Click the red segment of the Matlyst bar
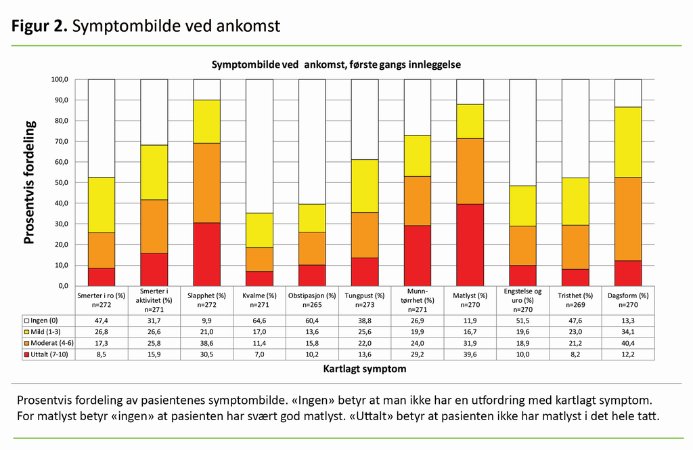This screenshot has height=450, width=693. click(470, 245)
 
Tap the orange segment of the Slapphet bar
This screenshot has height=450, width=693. click(206, 183)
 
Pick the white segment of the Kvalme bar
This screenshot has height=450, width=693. click(259, 146)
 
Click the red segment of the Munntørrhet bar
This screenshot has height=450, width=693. click(418, 255)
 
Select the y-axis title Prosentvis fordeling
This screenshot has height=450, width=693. click(30, 182)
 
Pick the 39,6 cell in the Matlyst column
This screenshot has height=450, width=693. click(470, 354)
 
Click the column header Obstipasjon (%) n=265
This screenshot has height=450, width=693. click(312, 300)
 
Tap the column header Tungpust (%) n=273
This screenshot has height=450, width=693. click(365, 300)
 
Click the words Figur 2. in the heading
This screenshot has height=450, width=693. click(39, 26)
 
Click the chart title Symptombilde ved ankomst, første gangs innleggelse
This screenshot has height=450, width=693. click(336, 64)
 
